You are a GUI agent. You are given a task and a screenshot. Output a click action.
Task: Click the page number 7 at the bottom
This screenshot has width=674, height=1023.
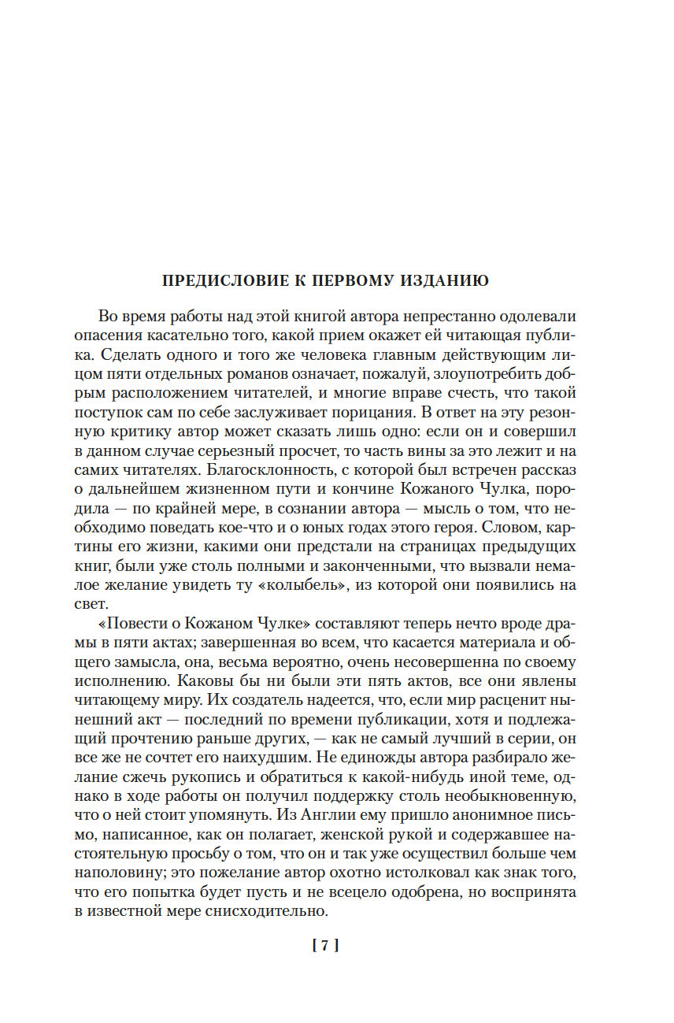325,946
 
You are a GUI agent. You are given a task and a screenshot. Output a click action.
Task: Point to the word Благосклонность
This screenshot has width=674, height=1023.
250,470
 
